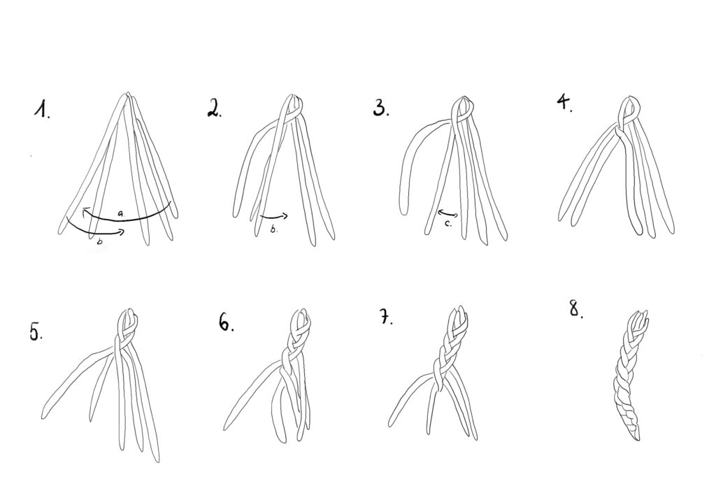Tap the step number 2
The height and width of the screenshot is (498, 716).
tap(214, 108)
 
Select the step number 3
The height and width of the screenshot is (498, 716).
tap(381, 108)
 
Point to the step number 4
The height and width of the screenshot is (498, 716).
tap(564, 104)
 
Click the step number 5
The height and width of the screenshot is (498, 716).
tap(36, 332)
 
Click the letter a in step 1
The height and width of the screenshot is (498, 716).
tap(120, 213)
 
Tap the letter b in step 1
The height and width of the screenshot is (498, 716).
tap(99, 242)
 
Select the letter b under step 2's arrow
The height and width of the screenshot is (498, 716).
tap(273, 229)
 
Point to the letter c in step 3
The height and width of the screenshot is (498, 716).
tap(449, 223)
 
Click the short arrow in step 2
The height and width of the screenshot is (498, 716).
tap(274, 215)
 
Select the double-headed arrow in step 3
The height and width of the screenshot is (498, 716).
tap(448, 213)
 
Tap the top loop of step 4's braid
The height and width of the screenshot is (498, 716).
tap(629, 108)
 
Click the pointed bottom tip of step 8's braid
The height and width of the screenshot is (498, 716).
tap(636, 440)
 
